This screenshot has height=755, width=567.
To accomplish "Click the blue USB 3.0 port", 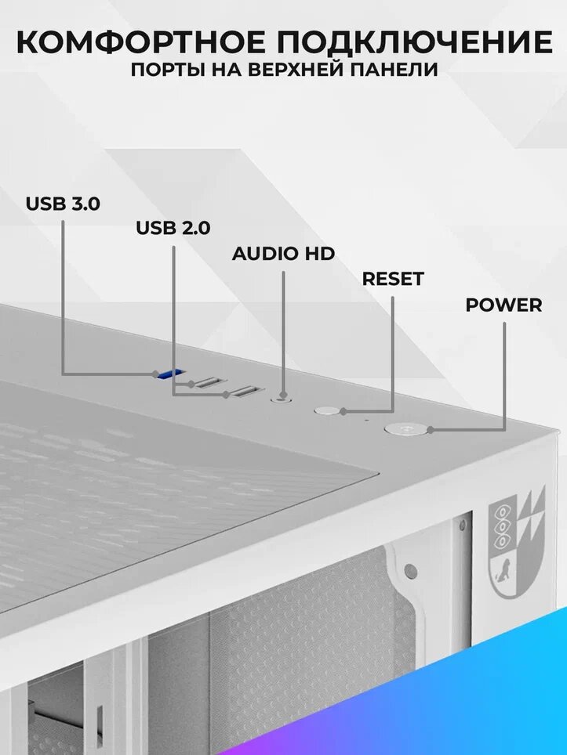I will pos(172,374).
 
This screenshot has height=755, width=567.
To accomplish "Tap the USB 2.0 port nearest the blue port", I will pos(207,383).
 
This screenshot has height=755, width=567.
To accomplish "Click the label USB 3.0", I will pos(63,204).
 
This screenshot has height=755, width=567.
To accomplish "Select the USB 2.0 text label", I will pos(173,228).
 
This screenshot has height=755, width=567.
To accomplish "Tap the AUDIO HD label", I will pos(283,254).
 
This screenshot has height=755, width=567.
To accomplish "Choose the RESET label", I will pos(392,279).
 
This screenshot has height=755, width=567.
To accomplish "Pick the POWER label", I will pos(503,305).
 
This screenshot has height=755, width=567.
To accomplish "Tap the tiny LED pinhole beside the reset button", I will pos(365,420).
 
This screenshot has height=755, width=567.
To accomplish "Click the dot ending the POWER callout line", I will pos(430,428).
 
